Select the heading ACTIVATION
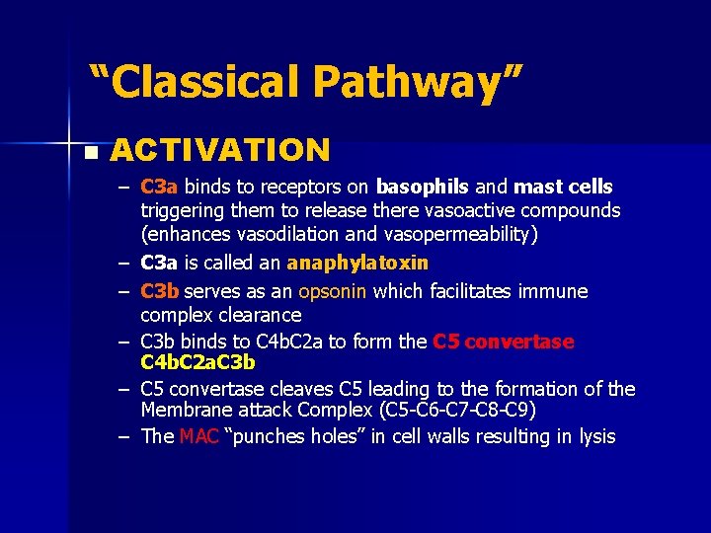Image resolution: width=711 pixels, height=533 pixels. click(220, 150)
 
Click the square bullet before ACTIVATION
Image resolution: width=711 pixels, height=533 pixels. click(91, 153)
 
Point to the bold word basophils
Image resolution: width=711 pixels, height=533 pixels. click(423, 187)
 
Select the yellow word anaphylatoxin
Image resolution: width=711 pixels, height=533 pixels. click(357, 264)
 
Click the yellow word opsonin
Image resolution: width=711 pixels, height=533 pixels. click(333, 291)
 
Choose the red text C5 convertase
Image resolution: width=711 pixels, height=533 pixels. click(503, 342)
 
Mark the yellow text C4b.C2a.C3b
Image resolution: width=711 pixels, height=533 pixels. click(198, 361)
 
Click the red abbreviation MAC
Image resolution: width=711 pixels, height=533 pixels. click(199, 436)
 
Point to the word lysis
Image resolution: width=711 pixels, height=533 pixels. click(592, 436)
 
